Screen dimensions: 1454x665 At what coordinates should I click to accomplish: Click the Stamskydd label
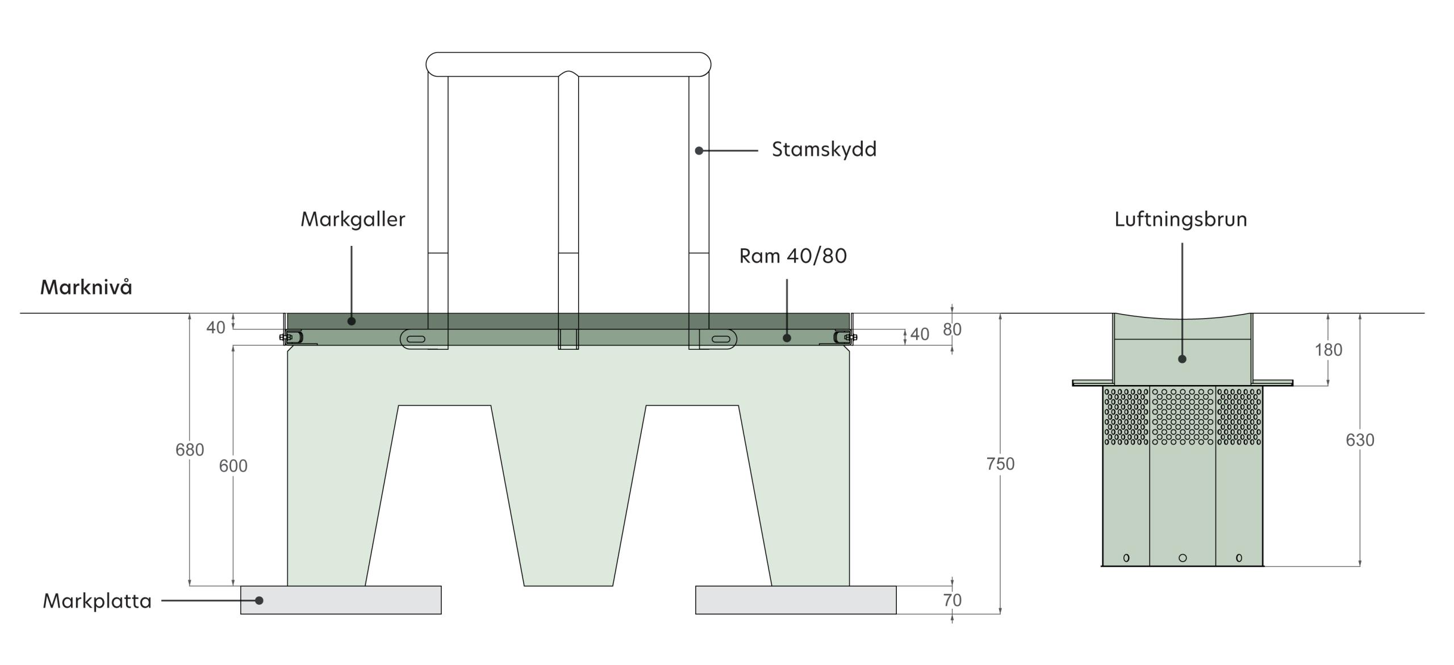click(x=824, y=149)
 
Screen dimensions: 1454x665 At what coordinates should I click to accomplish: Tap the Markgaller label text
click(x=353, y=219)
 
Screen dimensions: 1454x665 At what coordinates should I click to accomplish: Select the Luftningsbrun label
click(x=1180, y=219)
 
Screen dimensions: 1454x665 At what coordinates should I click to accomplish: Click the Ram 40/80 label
click(x=793, y=256)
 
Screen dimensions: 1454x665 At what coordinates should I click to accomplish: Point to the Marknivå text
click(x=86, y=287)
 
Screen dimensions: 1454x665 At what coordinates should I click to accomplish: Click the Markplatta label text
click(x=97, y=601)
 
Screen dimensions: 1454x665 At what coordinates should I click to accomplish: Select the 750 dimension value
click(x=1000, y=464)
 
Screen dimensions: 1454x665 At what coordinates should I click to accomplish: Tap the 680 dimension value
click(x=190, y=450)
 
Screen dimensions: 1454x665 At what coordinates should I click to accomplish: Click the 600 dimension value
click(x=233, y=466)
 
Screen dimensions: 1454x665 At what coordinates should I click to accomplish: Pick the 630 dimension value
click(x=1360, y=440)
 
